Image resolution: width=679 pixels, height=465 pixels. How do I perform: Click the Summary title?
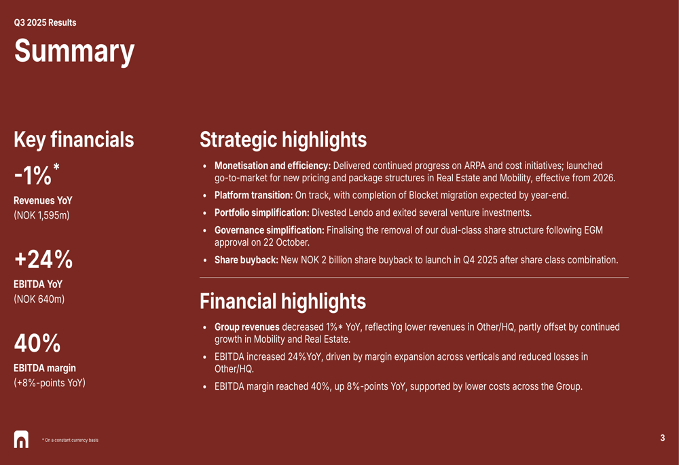75,52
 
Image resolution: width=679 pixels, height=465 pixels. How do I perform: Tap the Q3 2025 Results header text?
45,22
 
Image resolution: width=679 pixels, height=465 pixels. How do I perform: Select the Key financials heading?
74,140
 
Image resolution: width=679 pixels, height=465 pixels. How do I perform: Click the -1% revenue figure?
37,174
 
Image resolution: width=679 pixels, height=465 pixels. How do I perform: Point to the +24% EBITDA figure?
43,259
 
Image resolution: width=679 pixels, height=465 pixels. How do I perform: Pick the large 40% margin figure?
37,343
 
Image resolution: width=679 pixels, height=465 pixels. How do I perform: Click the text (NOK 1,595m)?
41,215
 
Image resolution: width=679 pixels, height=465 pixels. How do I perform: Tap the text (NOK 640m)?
39,299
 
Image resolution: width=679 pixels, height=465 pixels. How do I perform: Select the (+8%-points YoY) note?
50,383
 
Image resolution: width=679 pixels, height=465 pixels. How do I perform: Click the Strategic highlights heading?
283,140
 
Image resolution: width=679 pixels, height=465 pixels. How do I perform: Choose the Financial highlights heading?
282,301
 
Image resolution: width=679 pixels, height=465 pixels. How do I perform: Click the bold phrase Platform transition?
254,196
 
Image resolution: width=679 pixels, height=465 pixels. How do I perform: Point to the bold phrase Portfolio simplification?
262,212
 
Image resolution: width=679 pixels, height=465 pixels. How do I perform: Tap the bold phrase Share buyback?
246,260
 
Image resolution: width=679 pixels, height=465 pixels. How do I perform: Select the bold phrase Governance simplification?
270,230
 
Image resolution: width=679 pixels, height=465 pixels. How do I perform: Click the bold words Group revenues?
247,327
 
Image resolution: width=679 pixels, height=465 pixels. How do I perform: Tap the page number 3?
663,438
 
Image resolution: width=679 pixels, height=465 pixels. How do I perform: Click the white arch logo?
21,439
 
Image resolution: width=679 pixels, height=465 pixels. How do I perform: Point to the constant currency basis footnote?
70,440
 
